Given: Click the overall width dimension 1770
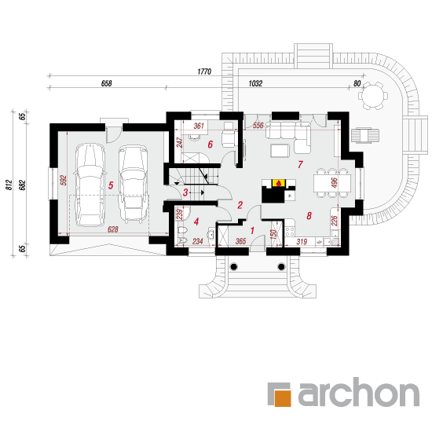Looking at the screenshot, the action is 204,71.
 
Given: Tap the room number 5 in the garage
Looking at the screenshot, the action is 111,185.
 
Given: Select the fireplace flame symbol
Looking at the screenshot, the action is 279,183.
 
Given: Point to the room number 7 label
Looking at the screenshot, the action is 300,164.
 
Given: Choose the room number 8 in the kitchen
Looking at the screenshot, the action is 309,216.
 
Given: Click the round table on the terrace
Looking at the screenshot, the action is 373,96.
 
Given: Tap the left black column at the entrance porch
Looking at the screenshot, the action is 233,267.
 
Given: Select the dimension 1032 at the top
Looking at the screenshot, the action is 255,83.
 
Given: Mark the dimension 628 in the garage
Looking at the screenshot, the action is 112,229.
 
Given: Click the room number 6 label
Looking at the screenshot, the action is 211,145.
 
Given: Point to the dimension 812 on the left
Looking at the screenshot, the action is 9,185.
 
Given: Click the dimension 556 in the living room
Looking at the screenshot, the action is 258,126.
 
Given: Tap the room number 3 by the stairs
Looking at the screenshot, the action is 185,192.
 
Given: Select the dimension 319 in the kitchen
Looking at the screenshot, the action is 302,242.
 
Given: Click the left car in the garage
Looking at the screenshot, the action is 90,185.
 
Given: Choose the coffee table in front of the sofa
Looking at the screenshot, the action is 280,151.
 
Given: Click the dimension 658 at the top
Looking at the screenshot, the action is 106,83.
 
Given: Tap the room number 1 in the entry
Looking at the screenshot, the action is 252,231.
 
